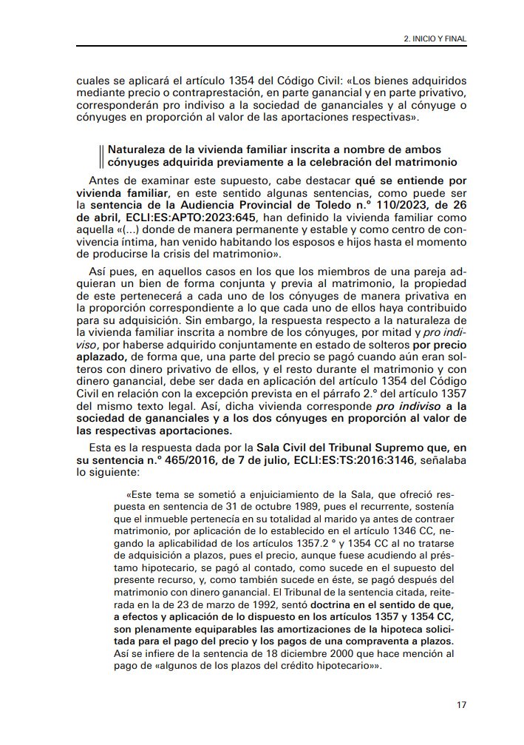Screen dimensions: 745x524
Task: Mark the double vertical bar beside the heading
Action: tap(101, 155)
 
